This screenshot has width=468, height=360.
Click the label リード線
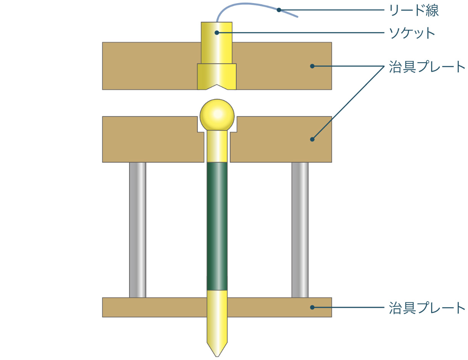414,10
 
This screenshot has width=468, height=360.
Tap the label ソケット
412,33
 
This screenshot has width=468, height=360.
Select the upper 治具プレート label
427,66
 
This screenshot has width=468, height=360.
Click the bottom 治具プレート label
427,308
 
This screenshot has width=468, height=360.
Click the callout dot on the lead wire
279,10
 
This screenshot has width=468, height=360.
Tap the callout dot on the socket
217,33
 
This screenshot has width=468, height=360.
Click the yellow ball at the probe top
217,115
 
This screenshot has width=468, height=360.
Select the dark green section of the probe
217,226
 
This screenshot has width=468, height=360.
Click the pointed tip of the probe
217,356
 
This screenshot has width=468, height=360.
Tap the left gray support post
138,230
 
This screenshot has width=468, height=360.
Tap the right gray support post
300,230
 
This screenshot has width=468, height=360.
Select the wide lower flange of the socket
217,76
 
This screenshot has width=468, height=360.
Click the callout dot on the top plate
312,66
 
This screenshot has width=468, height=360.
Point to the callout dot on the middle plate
312,139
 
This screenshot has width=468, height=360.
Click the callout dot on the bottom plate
312,307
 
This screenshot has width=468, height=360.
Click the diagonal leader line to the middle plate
348,103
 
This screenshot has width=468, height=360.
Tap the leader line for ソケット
301,33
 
